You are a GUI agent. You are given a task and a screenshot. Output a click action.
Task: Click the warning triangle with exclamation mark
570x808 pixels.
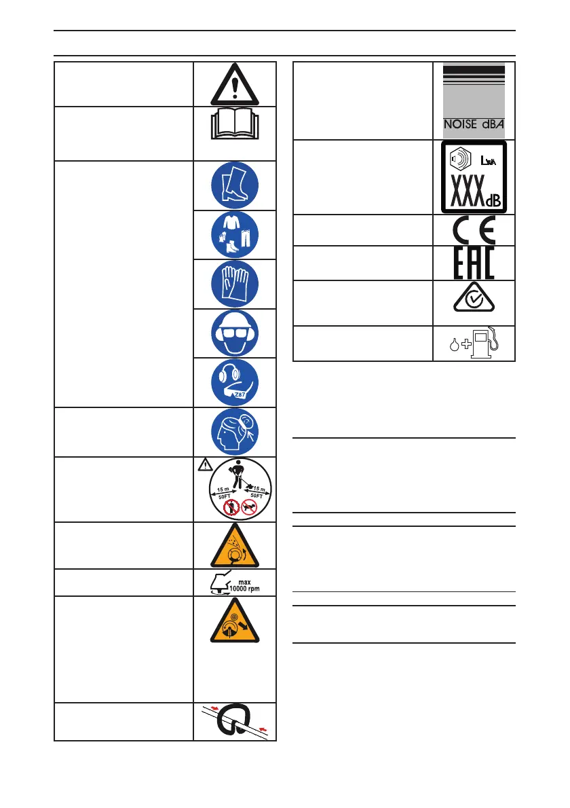click(234, 84)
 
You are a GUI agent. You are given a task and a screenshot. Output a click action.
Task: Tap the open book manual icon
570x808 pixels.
click(234, 126)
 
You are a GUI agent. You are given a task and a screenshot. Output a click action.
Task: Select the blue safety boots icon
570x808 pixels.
click(234, 185)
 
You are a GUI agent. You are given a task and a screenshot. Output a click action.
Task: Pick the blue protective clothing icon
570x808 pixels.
click(234, 235)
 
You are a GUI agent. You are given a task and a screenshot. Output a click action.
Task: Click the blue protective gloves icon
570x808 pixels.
click(234, 284)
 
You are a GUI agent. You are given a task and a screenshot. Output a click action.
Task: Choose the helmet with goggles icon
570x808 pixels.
click(234, 333)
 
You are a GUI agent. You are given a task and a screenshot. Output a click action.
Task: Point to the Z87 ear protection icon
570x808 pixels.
click(234, 382)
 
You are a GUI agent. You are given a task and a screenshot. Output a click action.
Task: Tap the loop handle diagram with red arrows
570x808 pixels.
click(234, 721)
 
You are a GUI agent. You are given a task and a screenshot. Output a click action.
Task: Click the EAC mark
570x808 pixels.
click(473, 263)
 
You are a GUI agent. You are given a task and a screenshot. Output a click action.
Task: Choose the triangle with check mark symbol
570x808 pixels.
click(473, 296)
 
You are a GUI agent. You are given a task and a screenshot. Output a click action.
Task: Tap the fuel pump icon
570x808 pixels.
click(484, 342)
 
